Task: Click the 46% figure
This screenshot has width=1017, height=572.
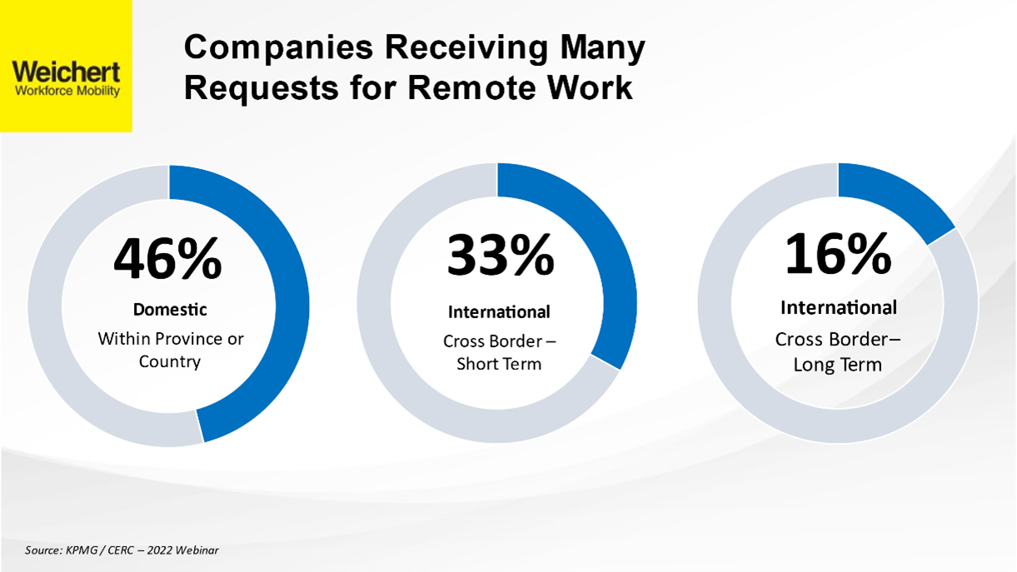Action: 167,259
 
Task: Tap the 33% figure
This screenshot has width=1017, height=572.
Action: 501,255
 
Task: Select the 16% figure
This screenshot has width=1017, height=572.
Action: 838,253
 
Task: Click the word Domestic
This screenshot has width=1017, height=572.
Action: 170,310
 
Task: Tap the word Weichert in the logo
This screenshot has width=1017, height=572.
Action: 66,72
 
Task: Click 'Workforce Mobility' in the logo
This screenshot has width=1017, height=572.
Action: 67,91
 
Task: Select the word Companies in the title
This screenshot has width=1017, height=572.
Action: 278,48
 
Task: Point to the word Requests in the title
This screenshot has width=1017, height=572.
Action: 261,88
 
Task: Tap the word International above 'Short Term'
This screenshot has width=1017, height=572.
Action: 499,312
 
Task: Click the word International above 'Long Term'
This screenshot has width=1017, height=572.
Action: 839,308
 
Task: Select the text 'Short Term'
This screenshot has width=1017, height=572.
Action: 499,364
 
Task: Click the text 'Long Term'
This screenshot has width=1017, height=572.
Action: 838,365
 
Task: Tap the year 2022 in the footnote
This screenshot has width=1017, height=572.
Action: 159,550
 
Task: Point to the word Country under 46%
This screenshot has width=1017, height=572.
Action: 170,362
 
